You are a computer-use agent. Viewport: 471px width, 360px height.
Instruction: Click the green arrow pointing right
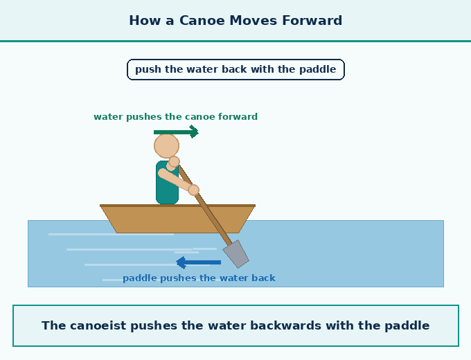click(176, 132)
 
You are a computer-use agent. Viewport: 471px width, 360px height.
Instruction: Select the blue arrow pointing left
click(198, 262)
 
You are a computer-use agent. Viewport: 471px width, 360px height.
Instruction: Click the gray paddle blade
click(235, 253)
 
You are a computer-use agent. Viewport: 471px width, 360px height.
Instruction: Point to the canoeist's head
click(166, 146)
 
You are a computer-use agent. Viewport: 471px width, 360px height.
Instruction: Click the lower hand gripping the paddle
click(194, 190)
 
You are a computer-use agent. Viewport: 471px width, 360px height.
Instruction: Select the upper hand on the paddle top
click(174, 161)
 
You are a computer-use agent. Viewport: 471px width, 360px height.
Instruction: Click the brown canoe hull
click(177, 219)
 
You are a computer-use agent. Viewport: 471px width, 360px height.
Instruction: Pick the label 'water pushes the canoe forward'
click(176, 116)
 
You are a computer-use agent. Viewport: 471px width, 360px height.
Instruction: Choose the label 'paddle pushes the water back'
click(199, 278)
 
